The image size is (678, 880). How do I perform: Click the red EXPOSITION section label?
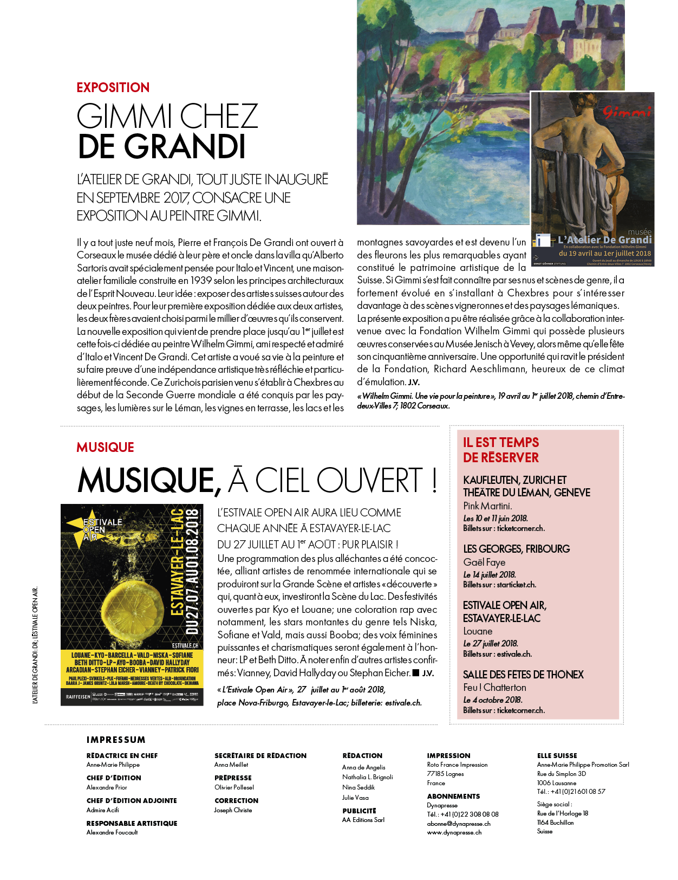(113, 88)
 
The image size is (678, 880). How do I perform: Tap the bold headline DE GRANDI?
(162, 146)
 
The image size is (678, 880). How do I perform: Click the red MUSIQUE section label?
(105, 448)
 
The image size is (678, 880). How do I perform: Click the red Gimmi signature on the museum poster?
(627, 112)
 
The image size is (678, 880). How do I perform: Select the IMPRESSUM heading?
(116, 740)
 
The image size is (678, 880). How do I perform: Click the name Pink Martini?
(487, 506)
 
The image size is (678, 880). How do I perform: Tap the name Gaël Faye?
(484, 562)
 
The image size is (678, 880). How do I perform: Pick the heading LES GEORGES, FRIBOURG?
(516, 549)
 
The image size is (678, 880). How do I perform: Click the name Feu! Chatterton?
(494, 688)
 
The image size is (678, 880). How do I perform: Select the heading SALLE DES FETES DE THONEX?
(523, 675)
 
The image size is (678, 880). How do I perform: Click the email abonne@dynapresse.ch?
(458, 824)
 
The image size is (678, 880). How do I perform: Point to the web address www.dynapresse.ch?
(454, 833)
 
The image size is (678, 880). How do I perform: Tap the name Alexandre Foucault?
(112, 832)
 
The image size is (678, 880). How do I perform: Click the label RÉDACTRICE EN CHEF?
(122, 756)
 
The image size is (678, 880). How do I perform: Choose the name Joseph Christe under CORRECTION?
(233, 810)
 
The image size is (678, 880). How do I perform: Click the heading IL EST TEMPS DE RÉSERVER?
(501, 450)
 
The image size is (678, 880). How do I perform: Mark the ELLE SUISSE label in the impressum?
(557, 756)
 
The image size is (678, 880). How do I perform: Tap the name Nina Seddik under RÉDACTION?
(358, 787)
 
